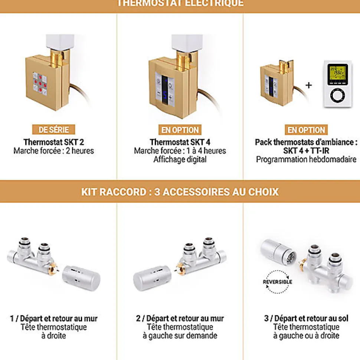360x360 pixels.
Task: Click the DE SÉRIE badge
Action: pyautogui.click(x=53, y=130)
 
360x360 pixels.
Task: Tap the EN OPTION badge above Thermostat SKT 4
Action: pyautogui.click(x=180, y=130)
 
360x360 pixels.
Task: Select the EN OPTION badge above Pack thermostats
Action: pyautogui.click(x=306, y=130)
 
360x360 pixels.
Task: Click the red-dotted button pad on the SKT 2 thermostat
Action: pyautogui.click(x=40, y=84)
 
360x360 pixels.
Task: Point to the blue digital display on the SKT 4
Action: pyautogui.click(x=165, y=89)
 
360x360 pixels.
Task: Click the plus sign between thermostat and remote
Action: pyautogui.click(x=309, y=85)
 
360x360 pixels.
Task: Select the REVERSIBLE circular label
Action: pyautogui.click(x=277, y=282)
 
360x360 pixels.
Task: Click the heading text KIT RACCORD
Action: pyautogui.click(x=114, y=192)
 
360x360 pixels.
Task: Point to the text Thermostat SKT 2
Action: pyautogui.click(x=54, y=142)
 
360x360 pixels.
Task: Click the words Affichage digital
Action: pyautogui.click(x=180, y=159)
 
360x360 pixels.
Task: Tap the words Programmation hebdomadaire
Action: pyautogui.click(x=306, y=159)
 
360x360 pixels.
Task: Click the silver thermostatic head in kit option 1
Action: pyautogui.click(x=81, y=278)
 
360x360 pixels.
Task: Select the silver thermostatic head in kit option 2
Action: pyautogui.click(x=152, y=278)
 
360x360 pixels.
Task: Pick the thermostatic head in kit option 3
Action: pyautogui.click(x=278, y=252)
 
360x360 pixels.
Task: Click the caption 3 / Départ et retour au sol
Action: pyautogui.click(x=306, y=318)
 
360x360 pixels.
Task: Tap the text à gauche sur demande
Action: pyautogui.click(x=180, y=336)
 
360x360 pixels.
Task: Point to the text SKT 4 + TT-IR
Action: pyautogui.click(x=306, y=151)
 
